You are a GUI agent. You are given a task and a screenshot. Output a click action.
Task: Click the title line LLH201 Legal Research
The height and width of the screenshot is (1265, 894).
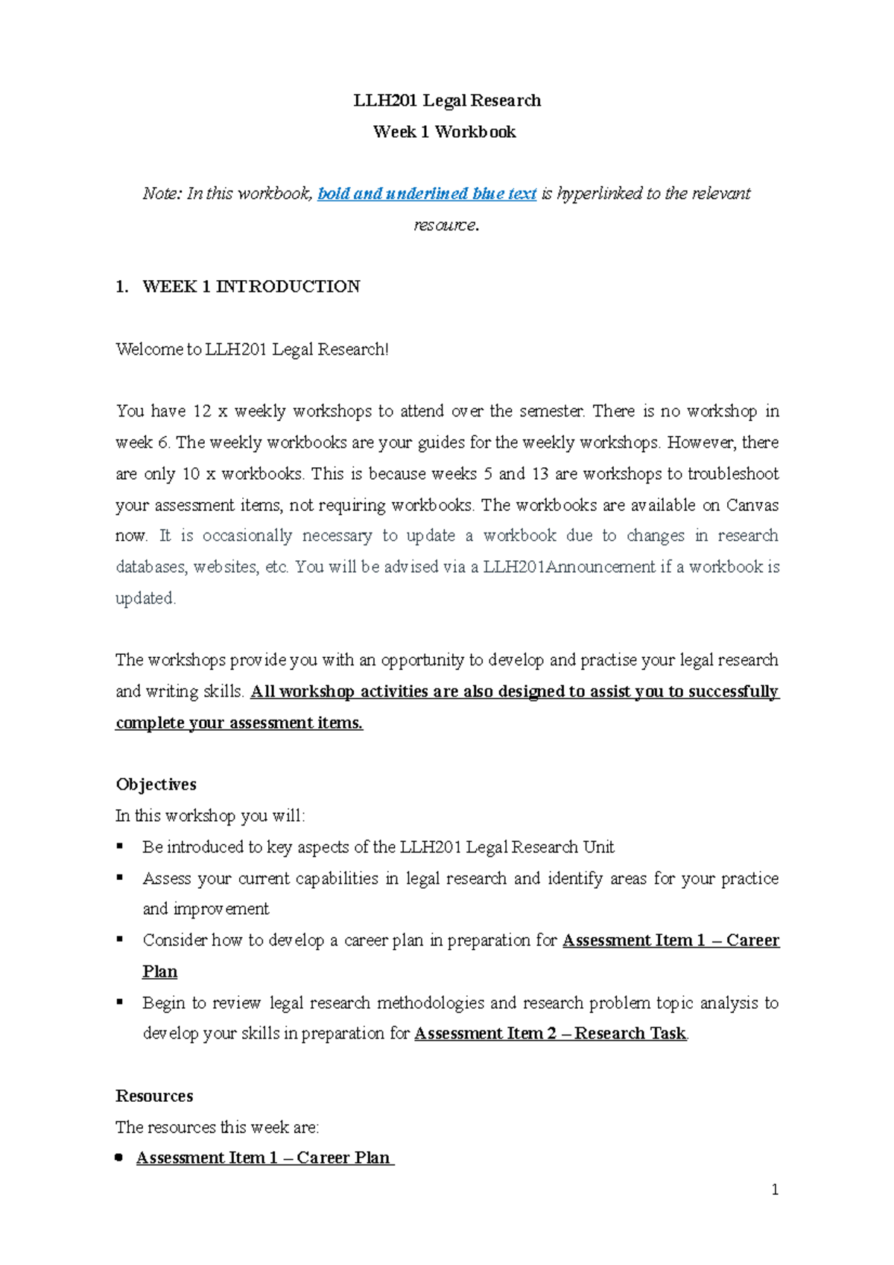click(447, 101)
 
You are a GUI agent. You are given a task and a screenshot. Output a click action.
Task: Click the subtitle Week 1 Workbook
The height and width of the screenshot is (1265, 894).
click(445, 132)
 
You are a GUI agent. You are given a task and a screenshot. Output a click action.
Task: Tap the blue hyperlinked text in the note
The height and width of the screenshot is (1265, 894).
click(427, 194)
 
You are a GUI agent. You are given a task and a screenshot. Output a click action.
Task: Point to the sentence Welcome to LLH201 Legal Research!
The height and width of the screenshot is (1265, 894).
click(252, 349)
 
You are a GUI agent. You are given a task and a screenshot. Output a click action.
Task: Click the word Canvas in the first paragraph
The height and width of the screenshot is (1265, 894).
click(752, 505)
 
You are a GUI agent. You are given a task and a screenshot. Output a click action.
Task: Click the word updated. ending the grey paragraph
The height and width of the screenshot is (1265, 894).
click(145, 598)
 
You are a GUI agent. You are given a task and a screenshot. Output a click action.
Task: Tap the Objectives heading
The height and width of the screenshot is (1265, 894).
click(156, 784)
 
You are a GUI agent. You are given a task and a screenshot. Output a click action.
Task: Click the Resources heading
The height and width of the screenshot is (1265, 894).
click(154, 1096)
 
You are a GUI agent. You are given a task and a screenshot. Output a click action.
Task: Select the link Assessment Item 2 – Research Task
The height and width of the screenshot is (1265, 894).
click(550, 1033)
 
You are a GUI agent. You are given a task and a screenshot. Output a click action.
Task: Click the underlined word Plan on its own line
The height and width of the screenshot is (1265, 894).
click(159, 971)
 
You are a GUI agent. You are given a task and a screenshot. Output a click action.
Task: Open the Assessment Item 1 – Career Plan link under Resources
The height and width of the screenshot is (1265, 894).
click(264, 1158)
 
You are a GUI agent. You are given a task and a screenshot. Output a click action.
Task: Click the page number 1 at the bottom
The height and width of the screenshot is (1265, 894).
click(775, 1190)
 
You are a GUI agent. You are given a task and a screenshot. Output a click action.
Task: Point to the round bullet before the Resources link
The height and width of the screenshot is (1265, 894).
click(119, 1158)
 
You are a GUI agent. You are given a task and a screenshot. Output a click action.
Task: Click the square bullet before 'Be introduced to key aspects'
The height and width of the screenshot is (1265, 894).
click(120, 846)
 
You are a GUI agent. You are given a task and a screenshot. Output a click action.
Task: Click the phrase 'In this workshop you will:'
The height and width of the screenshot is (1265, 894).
click(210, 816)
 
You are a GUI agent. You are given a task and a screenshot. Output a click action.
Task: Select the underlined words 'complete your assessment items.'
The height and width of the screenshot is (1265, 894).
click(239, 723)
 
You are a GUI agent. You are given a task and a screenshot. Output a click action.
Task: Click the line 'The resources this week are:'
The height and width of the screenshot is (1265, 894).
click(217, 1127)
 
